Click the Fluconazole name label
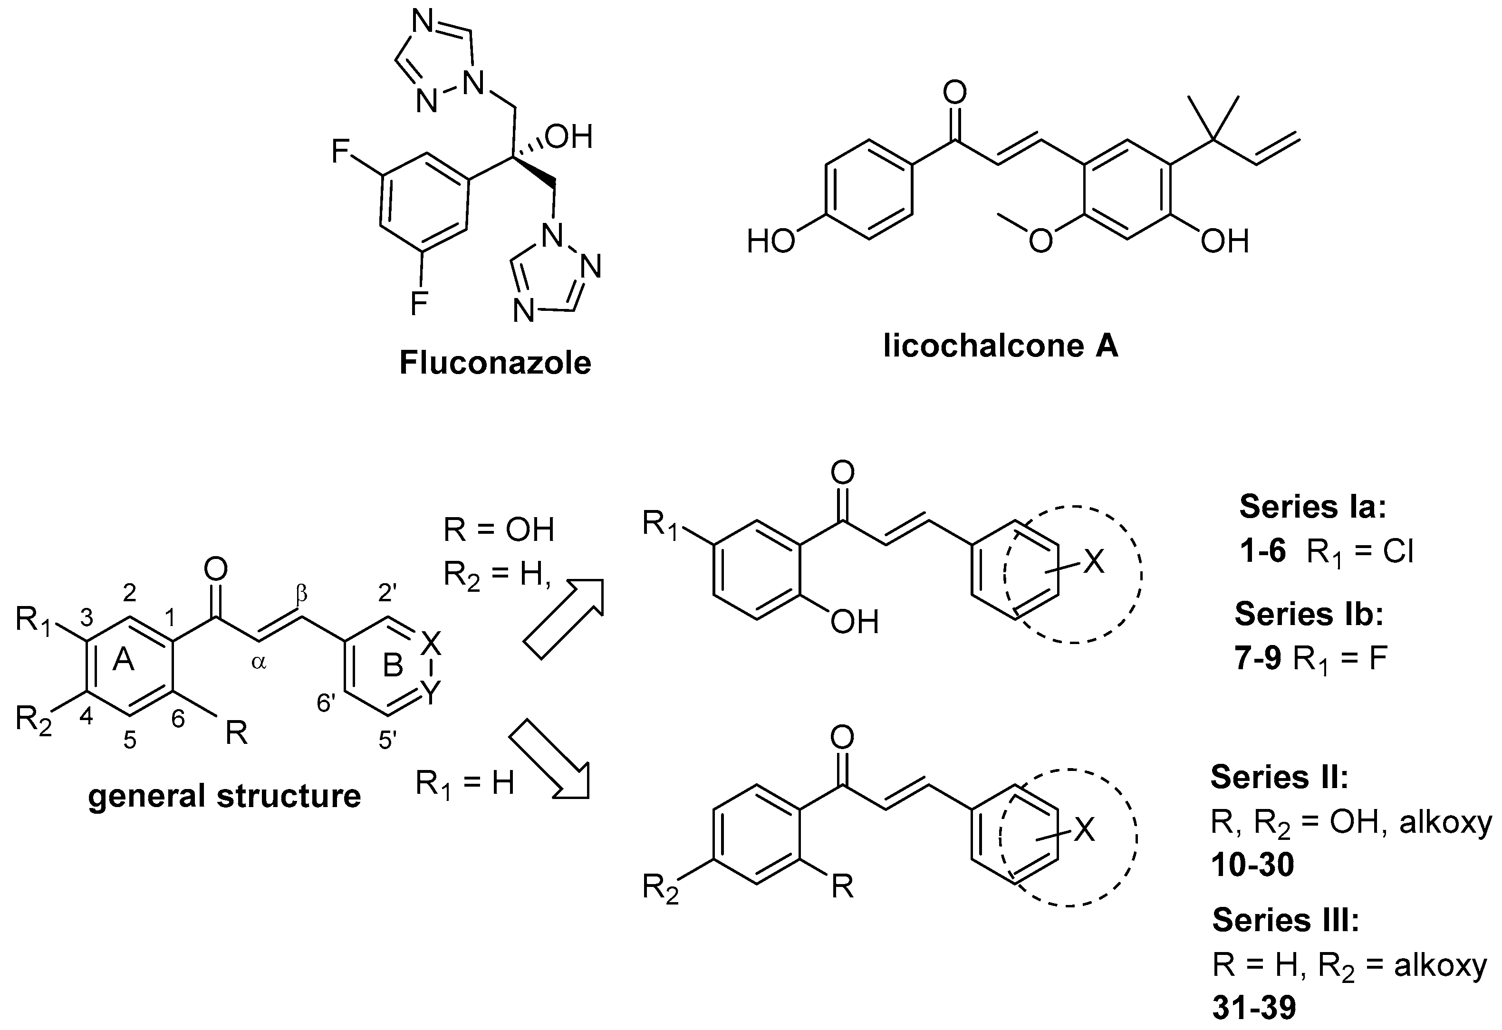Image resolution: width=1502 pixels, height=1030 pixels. (495, 363)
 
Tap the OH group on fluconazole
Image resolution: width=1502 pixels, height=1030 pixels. (569, 137)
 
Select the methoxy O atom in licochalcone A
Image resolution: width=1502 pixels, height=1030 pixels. (1040, 241)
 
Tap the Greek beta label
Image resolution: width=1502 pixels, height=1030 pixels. (301, 595)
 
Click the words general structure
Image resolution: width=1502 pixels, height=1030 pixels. (224, 796)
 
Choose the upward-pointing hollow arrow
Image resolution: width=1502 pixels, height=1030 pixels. (563, 618)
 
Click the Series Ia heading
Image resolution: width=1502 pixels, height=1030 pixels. (1312, 508)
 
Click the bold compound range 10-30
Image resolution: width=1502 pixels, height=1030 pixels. (1252, 865)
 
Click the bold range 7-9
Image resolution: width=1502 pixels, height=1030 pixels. (1258, 660)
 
